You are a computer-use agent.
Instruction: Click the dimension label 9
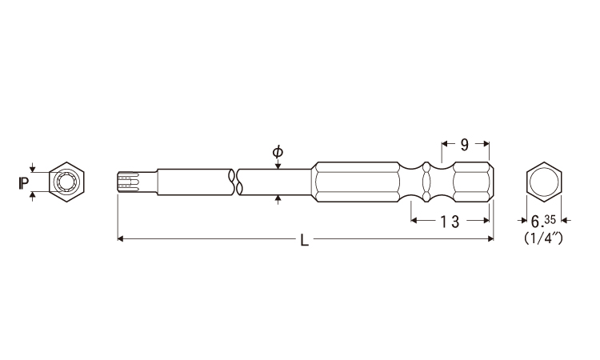point(464,145)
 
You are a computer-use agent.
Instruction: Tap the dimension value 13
point(450,222)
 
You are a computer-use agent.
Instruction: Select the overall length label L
point(304,240)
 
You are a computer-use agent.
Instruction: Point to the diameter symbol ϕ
point(278,152)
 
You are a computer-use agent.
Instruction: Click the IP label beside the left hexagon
point(24,183)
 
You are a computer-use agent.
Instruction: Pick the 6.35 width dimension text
point(543,221)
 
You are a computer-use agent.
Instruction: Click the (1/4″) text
point(543,238)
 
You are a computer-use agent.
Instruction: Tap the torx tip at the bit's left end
point(128,182)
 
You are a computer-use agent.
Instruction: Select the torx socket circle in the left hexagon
point(67,182)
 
